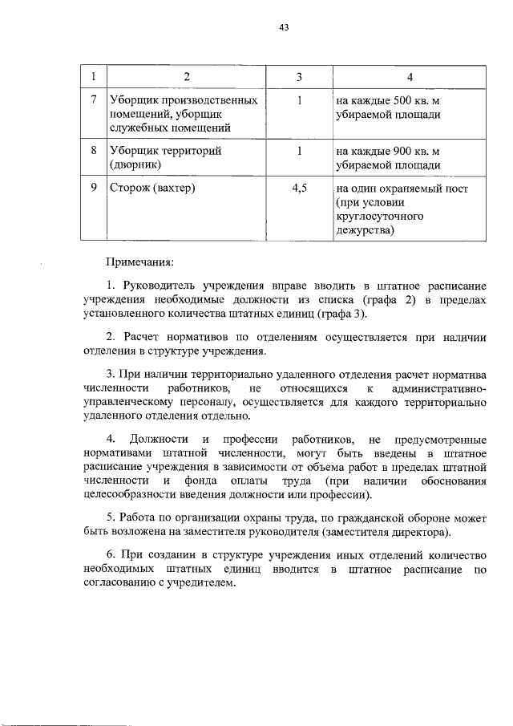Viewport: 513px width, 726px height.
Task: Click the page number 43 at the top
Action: [x=284, y=28]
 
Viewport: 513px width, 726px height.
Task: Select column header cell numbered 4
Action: [x=410, y=77]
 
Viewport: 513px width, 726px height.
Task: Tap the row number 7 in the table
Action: [x=93, y=101]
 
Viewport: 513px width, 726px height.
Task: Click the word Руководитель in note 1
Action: [x=158, y=286]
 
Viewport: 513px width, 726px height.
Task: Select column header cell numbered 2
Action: [x=186, y=77]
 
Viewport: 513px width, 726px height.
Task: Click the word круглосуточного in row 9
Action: [x=381, y=217]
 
